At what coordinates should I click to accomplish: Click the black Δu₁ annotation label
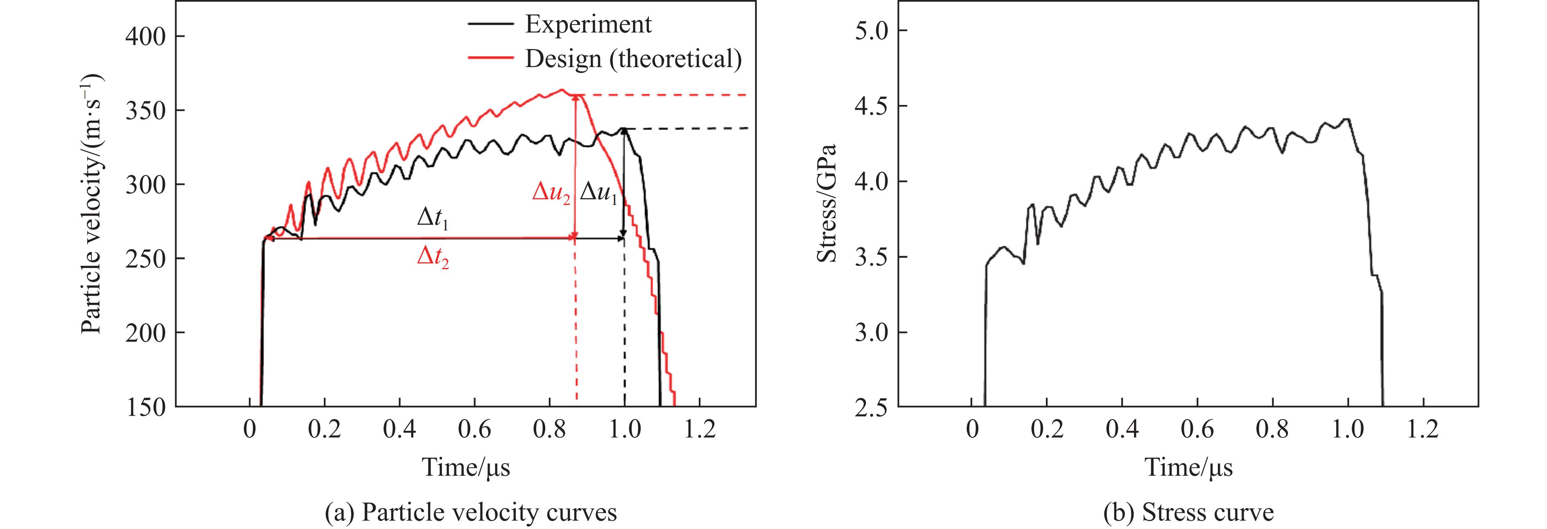(598, 194)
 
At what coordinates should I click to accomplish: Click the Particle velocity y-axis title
(92, 204)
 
